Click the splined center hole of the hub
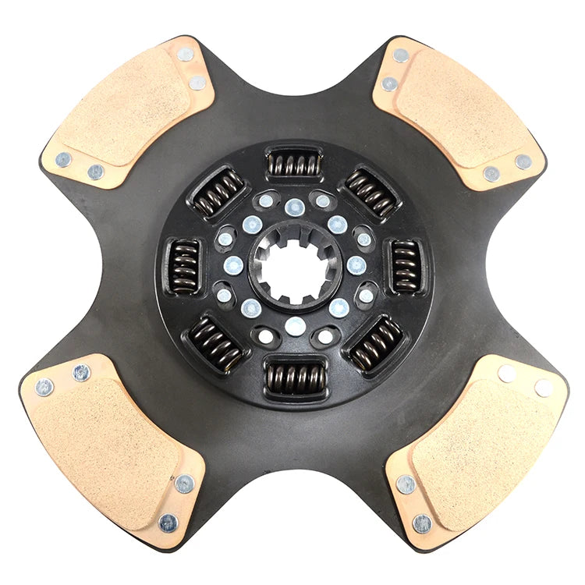tap(294, 267)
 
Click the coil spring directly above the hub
tap(294, 164)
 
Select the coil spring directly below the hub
tap(294, 378)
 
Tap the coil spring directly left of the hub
tap(184, 266)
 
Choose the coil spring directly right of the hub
tap(405, 266)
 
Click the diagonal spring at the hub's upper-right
tap(371, 190)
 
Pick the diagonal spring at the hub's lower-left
tap(215, 343)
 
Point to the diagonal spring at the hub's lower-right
tap(375, 344)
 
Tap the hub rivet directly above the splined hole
tap(294, 207)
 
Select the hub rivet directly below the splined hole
tap(294, 326)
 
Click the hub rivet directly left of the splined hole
tap(233, 266)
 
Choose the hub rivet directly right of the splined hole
tap(356, 266)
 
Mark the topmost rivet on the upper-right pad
tap(401, 55)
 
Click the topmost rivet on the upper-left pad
tap(186, 55)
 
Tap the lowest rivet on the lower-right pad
tap(421, 523)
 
